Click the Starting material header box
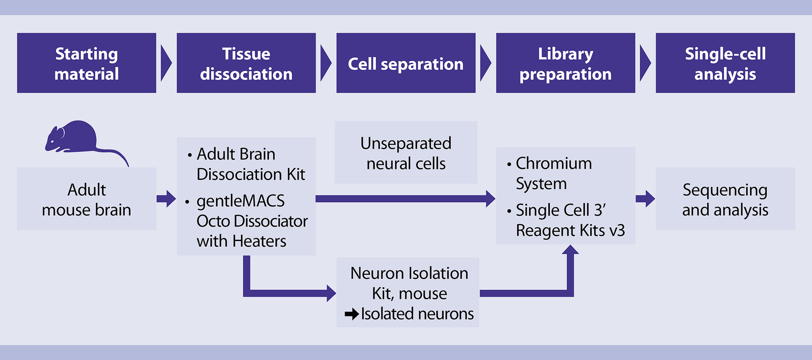[86, 63]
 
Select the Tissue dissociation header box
[246, 63]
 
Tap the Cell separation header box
[406, 63]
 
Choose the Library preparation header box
[565, 63]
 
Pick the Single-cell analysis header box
[725, 63]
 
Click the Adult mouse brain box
[86, 199]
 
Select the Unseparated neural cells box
[406, 153]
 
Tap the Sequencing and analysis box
[725, 199]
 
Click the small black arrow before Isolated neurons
[351, 314]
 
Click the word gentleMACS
[240, 201]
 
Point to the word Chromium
[554, 163]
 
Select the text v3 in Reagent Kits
[617, 231]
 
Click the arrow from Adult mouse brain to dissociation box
[166, 199]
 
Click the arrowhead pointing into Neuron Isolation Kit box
[331, 293]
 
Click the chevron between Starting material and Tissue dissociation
[166, 63]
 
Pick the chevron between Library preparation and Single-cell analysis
[645, 63]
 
